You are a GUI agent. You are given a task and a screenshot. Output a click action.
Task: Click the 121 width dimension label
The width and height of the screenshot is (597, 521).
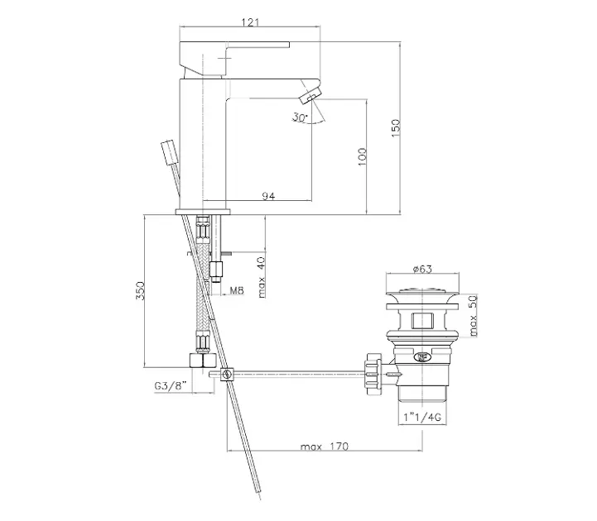tap(250, 22)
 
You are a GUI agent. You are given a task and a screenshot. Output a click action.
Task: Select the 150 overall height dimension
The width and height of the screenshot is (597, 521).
tap(396, 128)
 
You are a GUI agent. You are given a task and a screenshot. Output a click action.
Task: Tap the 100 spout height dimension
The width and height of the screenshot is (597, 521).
tap(362, 156)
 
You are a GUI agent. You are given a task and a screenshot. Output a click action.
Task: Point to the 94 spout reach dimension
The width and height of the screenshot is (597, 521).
tap(268, 196)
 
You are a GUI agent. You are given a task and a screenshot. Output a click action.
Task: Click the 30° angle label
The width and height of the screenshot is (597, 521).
tap(300, 117)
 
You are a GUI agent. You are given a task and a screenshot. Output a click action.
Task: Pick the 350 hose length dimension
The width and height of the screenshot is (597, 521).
tap(140, 290)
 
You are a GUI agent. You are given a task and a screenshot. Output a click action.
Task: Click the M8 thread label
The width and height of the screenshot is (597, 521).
tap(237, 290)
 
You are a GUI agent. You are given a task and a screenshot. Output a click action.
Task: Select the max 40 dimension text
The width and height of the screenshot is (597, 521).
tap(261, 277)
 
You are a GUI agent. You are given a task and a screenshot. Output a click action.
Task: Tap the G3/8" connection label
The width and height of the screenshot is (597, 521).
tap(171, 385)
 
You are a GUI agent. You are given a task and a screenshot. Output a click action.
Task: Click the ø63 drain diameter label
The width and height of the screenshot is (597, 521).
tap(422, 269)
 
